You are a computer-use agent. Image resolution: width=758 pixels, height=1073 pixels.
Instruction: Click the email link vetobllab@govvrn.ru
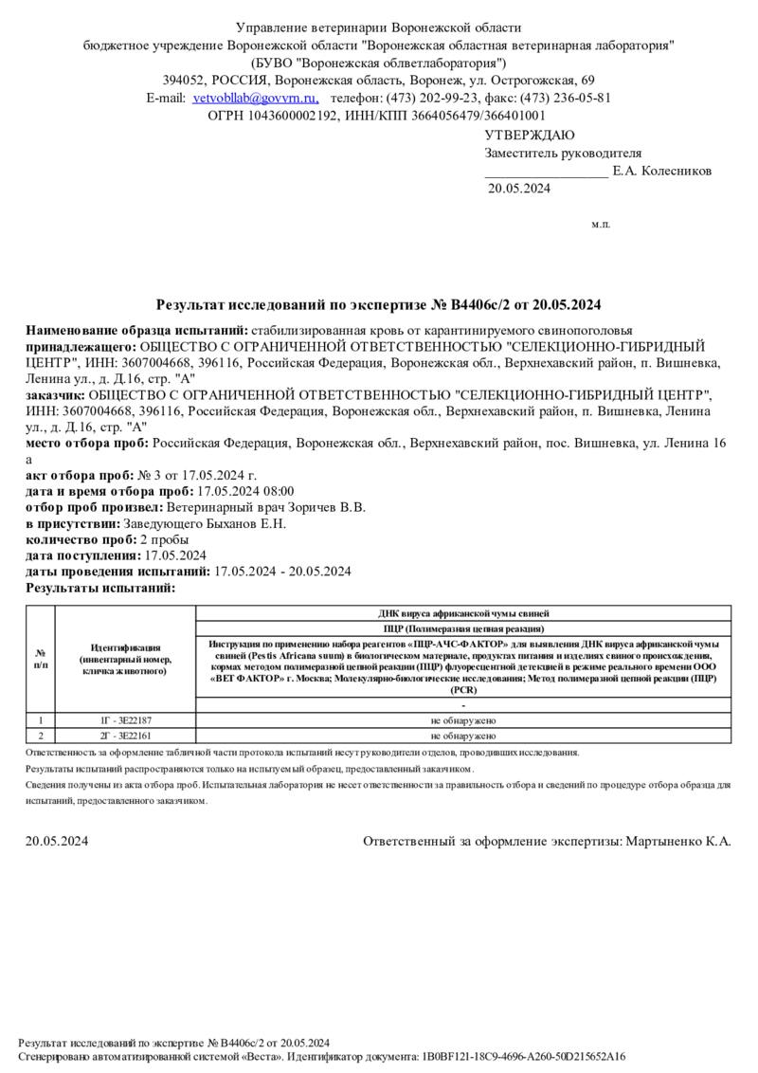click(x=255, y=98)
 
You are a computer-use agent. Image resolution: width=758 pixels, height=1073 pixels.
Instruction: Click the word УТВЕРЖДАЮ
click(x=530, y=136)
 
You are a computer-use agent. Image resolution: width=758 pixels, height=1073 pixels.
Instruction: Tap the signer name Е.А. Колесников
click(x=662, y=172)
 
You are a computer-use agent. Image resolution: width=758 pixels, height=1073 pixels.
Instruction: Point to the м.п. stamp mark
click(x=601, y=225)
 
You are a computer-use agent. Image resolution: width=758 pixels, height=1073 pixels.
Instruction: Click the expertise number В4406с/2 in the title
click(x=483, y=305)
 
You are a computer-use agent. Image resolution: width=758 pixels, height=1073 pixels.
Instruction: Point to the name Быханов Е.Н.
click(x=245, y=523)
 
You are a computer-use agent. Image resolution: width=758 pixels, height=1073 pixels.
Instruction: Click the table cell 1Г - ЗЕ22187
click(x=125, y=720)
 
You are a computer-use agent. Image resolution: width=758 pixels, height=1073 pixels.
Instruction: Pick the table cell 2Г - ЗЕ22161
click(x=125, y=735)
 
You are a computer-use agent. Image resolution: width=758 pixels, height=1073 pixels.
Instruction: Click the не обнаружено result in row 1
click(x=463, y=720)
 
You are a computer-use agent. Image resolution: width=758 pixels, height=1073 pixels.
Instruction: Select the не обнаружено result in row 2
click(x=463, y=735)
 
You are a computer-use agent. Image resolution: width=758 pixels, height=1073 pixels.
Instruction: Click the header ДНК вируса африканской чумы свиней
click(x=463, y=613)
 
